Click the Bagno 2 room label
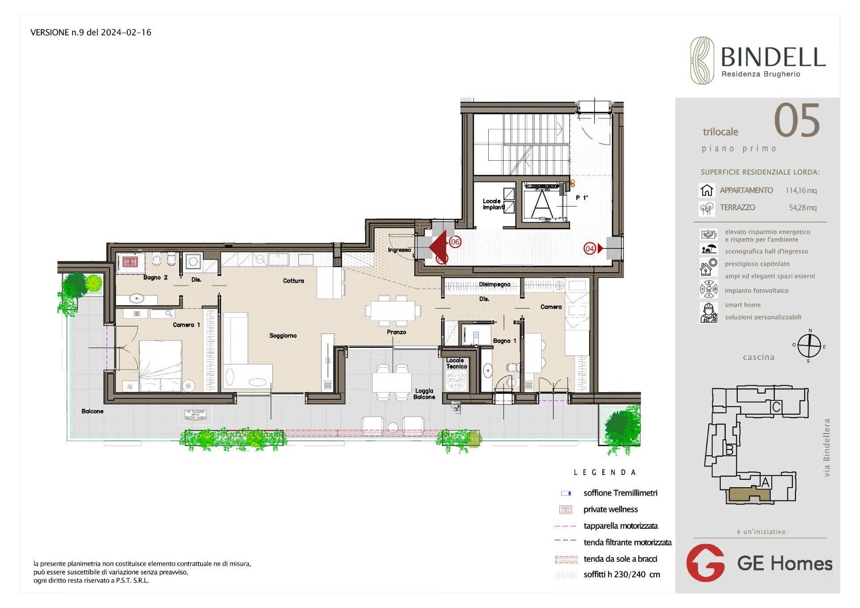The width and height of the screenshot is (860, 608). click(x=155, y=278)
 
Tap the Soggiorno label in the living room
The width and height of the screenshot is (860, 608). click(x=283, y=335)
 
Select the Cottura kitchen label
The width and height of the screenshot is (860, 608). click(x=293, y=281)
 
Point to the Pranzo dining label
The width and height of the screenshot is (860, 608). click(x=396, y=332)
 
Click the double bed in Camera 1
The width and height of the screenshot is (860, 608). click(x=160, y=365)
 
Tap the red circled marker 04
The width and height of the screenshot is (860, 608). click(x=589, y=248)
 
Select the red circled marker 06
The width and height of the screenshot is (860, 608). click(x=455, y=242)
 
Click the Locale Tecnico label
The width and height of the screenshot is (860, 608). click(x=456, y=363)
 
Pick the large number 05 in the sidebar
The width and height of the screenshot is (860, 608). click(x=797, y=121)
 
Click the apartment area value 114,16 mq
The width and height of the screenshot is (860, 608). click(x=801, y=190)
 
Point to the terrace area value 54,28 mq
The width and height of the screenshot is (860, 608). click(x=802, y=207)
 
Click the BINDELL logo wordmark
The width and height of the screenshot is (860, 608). click(x=773, y=58)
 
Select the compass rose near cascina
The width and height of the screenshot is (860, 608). click(x=809, y=346)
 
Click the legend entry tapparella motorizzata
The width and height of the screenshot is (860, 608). click(x=620, y=526)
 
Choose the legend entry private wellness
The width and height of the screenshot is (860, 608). click(x=610, y=509)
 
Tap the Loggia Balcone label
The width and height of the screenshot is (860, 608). click(x=424, y=394)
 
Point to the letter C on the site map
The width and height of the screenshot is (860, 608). click(x=776, y=407)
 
